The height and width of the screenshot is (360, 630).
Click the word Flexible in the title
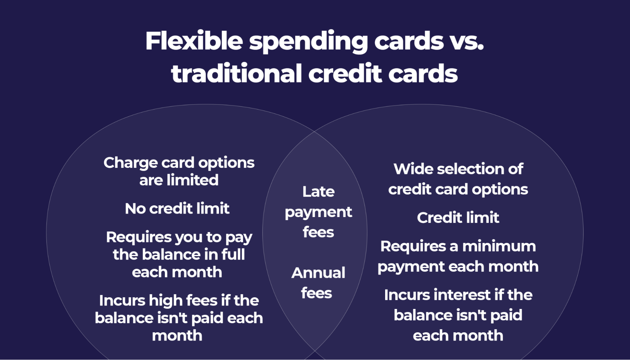tap(194, 41)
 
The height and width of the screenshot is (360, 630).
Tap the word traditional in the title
tap(236, 73)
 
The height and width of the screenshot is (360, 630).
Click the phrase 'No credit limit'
tap(177, 209)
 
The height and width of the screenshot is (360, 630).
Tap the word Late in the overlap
tap(318, 191)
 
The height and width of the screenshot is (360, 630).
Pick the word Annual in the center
tap(318, 273)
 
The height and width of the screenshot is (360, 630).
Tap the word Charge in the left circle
tap(130, 163)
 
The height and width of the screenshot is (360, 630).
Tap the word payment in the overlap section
tap(318, 212)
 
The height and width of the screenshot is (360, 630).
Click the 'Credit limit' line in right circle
tap(458, 218)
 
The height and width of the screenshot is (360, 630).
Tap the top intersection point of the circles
tap(315, 131)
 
